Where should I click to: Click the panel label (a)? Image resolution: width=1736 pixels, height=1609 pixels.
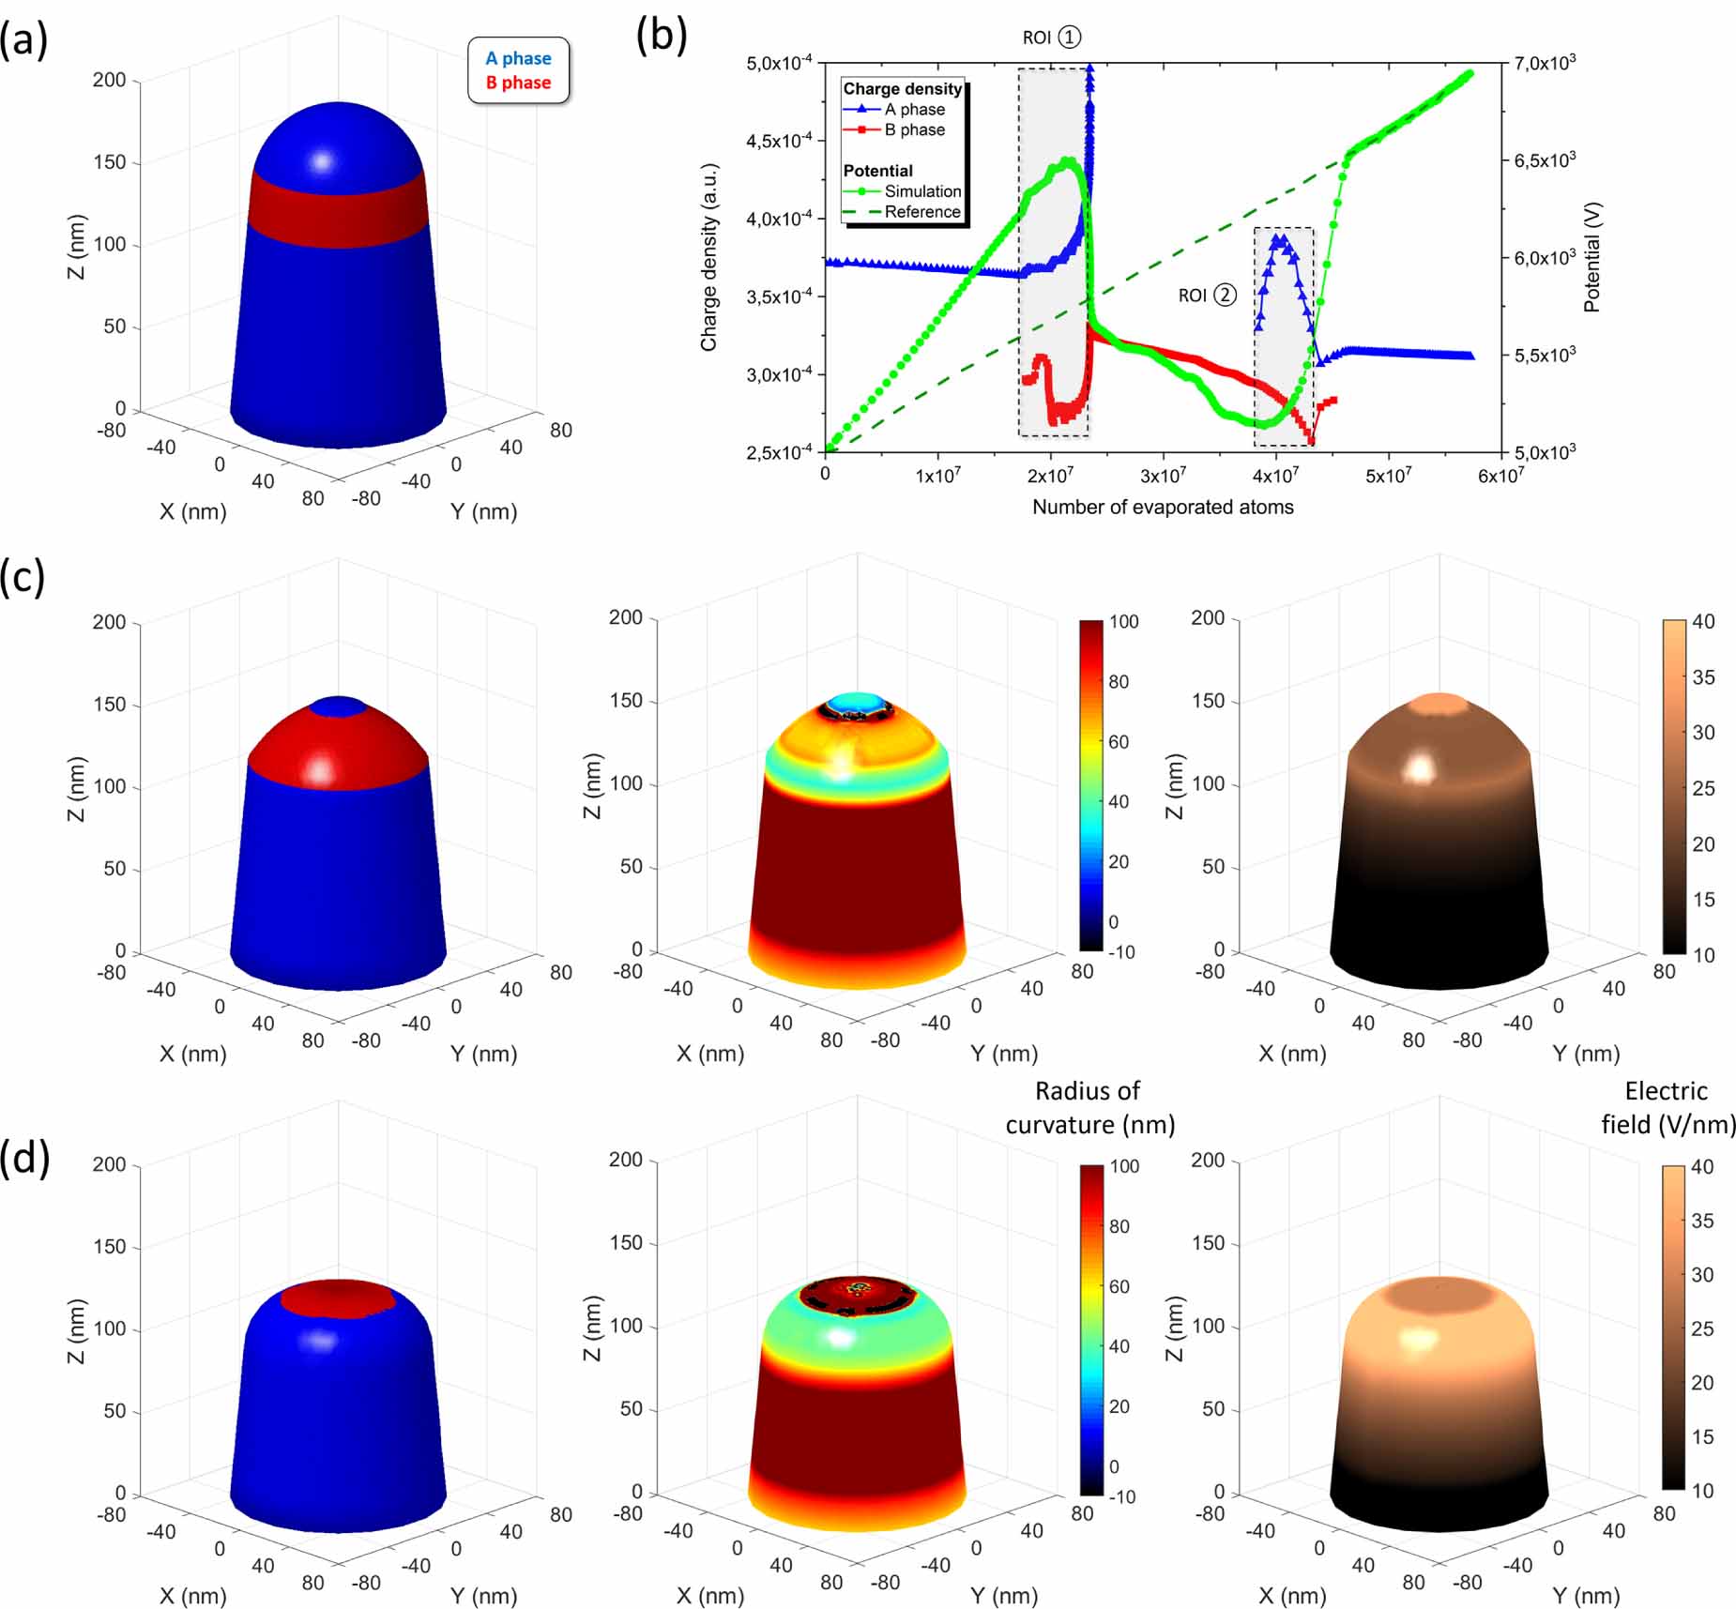(23, 41)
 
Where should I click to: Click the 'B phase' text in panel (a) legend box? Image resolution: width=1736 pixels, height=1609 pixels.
(518, 83)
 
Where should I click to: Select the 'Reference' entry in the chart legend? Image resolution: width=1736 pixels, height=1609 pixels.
(922, 212)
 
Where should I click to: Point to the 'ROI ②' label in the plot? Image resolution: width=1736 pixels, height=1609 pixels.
(1207, 296)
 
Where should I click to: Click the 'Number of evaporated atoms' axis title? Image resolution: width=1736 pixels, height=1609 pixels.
(1162, 508)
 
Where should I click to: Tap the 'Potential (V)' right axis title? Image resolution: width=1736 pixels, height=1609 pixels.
(1591, 257)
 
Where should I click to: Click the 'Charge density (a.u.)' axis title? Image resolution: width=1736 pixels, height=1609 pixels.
(708, 257)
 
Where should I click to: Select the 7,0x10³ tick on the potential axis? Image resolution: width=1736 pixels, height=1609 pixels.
(1544, 63)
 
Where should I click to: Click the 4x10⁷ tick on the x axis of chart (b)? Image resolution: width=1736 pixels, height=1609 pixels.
(1275, 476)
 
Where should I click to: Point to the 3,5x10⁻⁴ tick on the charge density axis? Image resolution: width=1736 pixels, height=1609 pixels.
(779, 297)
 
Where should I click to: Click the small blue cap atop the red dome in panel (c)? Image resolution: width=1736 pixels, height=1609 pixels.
(338, 706)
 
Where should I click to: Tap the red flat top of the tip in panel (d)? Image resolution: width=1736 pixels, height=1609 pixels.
(338, 1298)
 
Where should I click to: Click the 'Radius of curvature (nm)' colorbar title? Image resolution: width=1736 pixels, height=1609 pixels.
(1089, 1108)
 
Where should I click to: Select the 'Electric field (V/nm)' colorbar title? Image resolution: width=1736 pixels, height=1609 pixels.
(1667, 1108)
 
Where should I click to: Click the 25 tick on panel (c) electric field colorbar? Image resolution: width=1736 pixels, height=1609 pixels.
(1703, 788)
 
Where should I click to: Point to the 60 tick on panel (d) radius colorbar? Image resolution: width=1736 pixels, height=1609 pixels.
(1119, 1286)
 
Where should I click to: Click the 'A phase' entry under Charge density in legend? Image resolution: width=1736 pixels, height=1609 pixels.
(914, 110)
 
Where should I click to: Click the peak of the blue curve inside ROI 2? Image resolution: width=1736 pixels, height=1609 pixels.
(1278, 239)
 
